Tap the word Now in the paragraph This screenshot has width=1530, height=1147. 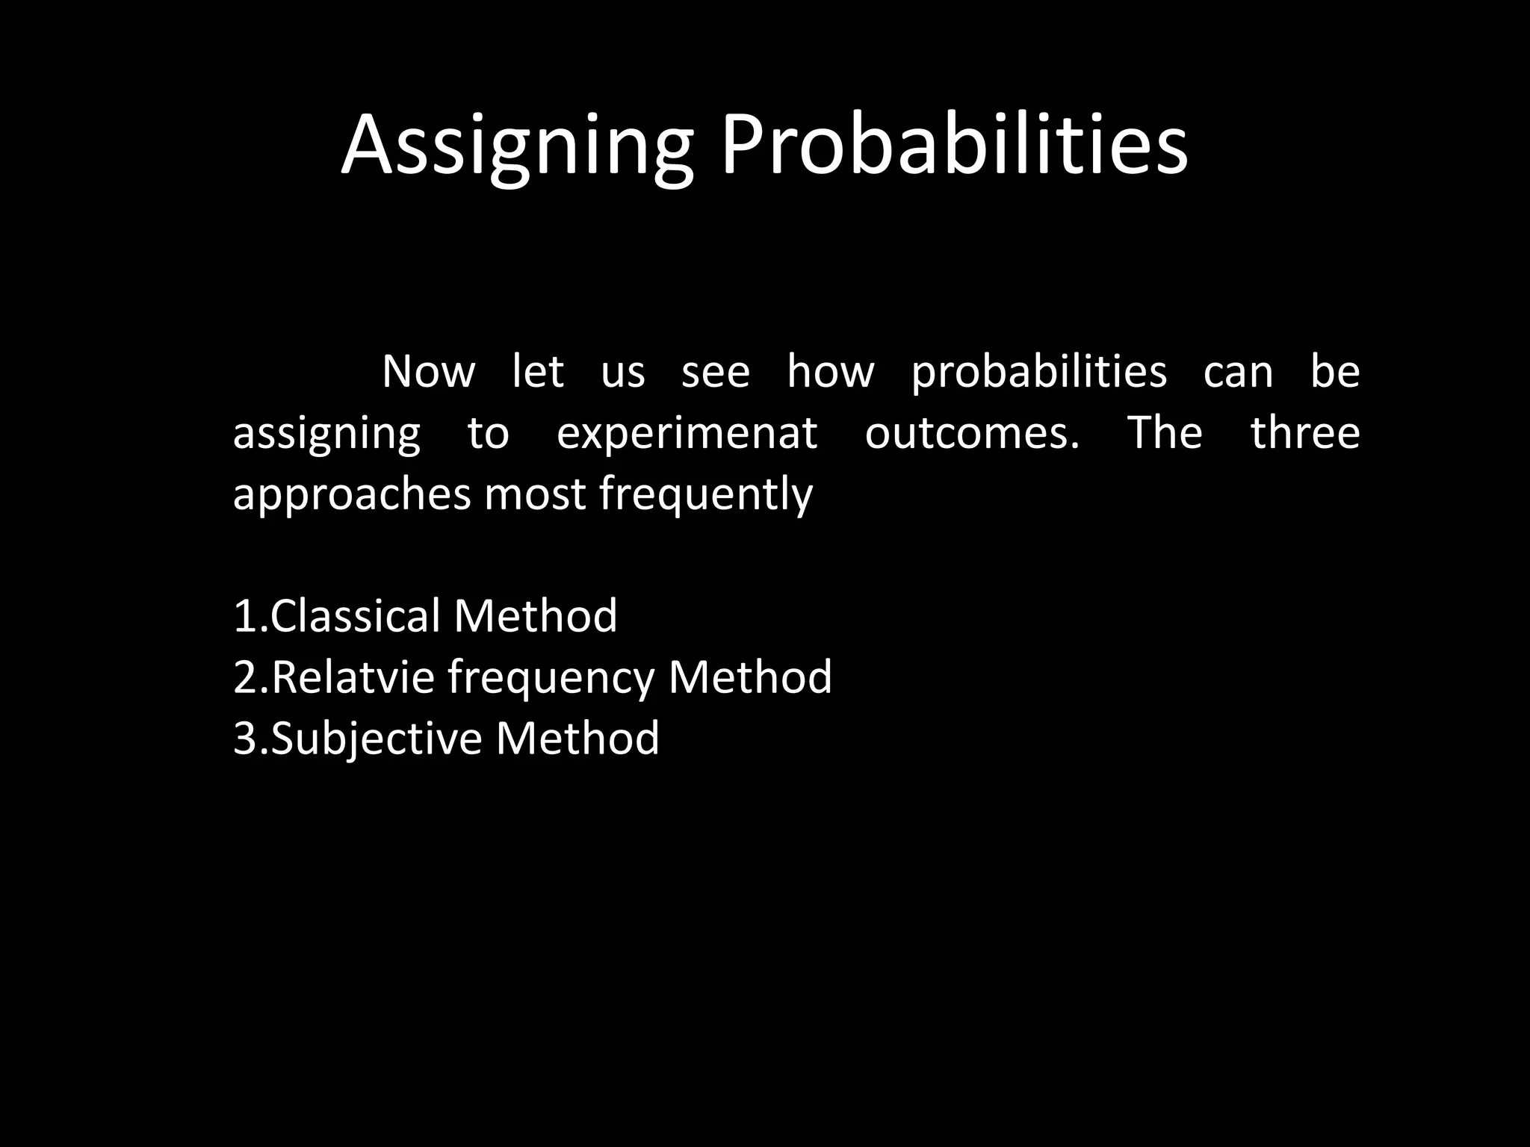point(428,372)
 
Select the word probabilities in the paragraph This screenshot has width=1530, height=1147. point(1038,372)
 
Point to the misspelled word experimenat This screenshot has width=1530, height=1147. point(687,433)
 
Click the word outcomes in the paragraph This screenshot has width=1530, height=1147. point(971,433)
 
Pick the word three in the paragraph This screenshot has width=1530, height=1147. point(1304,433)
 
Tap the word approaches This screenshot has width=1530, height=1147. point(352,495)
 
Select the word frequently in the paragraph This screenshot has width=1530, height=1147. point(705,495)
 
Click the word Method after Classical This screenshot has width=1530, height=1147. point(535,616)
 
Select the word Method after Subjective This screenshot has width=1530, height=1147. point(577,739)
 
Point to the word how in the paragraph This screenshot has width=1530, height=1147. point(830,372)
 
